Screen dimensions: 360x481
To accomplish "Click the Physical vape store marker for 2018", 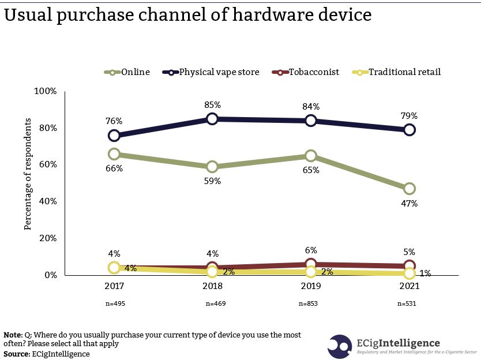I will [x=212, y=119].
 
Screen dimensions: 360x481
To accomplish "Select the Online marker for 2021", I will [x=409, y=189].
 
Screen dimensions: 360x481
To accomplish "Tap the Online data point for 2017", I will [x=114, y=154].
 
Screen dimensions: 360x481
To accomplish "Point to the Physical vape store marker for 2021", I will [x=409, y=130].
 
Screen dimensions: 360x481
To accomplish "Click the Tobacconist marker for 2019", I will [x=311, y=264].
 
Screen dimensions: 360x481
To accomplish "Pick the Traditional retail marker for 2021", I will [x=409, y=273].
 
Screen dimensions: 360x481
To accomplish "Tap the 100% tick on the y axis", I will [x=46, y=91].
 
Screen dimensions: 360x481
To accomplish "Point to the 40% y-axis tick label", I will [x=47, y=201].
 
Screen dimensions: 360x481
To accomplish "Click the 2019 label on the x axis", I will [x=311, y=286].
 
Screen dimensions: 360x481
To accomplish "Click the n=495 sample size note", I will [x=114, y=303].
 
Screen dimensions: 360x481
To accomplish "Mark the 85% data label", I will [x=212, y=106].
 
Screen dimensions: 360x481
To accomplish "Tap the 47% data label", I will [x=409, y=204].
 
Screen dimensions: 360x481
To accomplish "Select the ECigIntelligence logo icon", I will [x=340, y=346].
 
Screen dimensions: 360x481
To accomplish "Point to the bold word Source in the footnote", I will [x=16, y=354].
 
